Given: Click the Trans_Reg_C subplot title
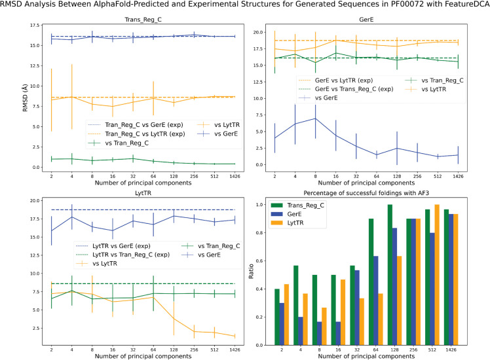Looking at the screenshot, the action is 143,20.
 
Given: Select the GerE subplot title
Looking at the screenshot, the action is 366,20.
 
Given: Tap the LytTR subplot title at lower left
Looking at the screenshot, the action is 143,193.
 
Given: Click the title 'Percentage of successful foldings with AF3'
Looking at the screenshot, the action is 366,193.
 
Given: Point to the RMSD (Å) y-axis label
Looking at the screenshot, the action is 25,98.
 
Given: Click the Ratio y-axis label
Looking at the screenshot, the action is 251,271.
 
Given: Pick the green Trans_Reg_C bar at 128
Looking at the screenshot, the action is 390,275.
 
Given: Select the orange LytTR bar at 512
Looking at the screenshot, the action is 437,275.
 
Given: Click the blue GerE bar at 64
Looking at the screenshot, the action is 375,300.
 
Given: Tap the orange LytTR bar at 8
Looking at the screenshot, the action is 324,326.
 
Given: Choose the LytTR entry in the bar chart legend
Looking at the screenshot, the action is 295,223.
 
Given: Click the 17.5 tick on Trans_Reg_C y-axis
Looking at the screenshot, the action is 34,26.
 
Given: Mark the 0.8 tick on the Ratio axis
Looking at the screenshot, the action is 260,233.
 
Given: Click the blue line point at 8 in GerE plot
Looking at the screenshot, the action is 315,118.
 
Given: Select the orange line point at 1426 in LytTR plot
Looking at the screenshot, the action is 235,336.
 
